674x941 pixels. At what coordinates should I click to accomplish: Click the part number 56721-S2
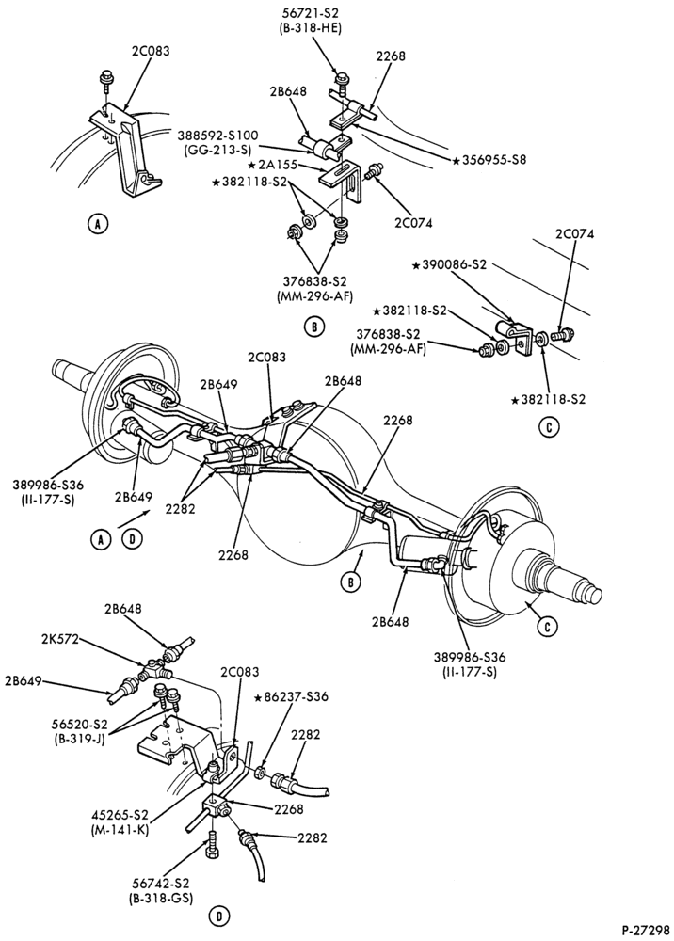pyautogui.click(x=311, y=12)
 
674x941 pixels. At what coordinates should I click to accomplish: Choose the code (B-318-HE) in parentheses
pyautogui.click(x=311, y=27)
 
